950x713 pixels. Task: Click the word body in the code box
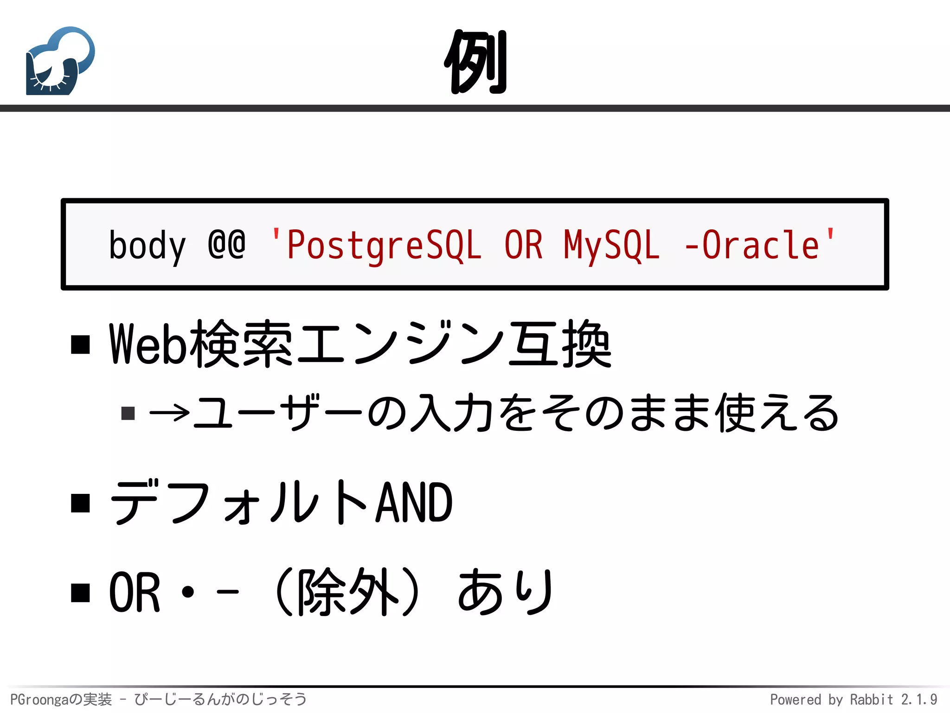[147, 246]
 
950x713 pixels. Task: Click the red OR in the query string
[523, 245]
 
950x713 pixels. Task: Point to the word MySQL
[611, 246]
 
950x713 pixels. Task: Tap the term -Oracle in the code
[752, 245]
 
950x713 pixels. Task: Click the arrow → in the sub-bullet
[170, 412]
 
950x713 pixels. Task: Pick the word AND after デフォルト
[414, 503]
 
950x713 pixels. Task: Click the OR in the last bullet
[135, 592]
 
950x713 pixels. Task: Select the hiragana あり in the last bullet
[506, 592]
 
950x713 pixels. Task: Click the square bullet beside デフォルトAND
[81, 503]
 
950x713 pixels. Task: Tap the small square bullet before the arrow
[128, 413]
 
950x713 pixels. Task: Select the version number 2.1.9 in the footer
[919, 700]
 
